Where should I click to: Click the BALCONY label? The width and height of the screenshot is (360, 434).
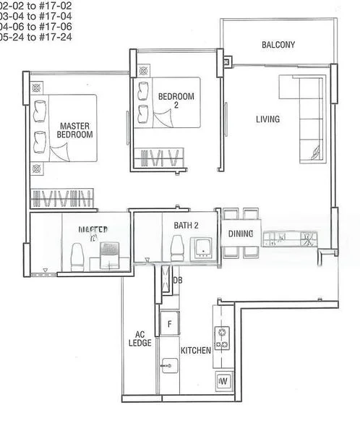278,45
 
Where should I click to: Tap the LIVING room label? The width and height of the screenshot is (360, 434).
267,119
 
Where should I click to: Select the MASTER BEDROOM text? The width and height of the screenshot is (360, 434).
76,129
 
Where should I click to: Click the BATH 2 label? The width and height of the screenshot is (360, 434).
186,226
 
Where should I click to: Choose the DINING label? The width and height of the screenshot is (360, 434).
241,234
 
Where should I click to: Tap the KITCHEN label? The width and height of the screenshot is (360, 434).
196,350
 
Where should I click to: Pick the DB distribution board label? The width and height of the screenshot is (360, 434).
178,281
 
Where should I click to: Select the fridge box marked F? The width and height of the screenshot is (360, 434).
170,324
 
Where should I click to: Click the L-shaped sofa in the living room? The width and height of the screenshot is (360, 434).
307,119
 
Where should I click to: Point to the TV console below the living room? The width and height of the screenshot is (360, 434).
289,237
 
